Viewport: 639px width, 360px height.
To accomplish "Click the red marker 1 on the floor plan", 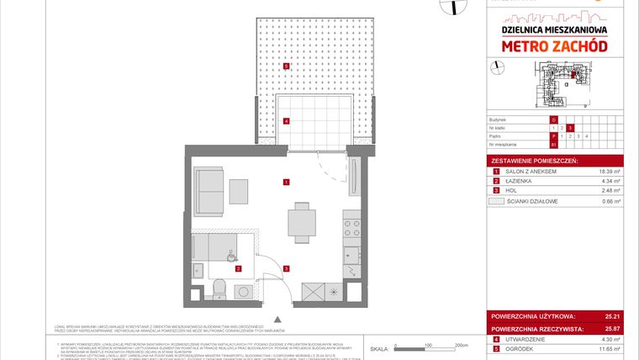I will (287, 182).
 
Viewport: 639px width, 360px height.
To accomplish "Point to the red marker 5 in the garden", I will (287, 66).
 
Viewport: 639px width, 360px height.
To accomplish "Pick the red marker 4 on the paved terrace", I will (287, 121).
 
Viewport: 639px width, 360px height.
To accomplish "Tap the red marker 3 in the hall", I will (287, 268).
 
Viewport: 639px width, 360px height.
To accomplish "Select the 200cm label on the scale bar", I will (460, 346).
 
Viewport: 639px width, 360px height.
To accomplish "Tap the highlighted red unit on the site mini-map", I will (573, 76).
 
